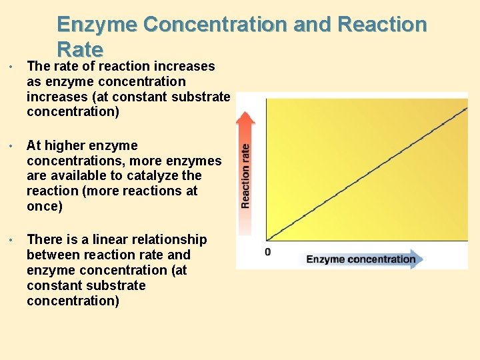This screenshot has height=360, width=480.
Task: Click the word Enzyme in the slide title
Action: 97,24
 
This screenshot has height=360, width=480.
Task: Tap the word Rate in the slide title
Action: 80,49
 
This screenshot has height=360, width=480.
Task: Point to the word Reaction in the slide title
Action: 382,24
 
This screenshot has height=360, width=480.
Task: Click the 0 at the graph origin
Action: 268,252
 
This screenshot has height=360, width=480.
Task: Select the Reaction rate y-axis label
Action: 246,176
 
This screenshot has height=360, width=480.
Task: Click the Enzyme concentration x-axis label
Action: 361,259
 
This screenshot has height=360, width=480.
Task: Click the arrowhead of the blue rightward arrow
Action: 417,259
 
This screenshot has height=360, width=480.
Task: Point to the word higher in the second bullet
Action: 67,145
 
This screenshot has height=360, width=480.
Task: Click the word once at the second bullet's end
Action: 42,207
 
